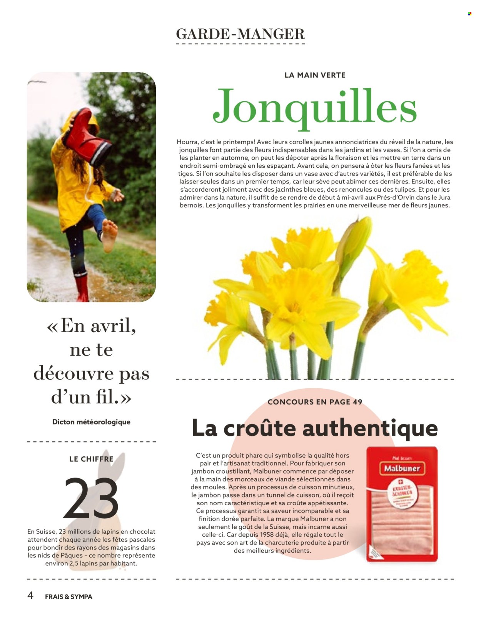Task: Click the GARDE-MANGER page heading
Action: [240, 34]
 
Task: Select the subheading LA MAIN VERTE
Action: [315, 75]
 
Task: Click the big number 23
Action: [91, 498]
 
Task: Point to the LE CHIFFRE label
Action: [91, 459]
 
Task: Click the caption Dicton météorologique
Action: [91, 422]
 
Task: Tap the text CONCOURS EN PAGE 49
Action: [315, 402]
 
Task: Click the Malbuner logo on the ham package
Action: [402, 468]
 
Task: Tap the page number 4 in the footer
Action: [30, 596]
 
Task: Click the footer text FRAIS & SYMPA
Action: [68, 597]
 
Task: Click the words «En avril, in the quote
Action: [91, 326]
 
